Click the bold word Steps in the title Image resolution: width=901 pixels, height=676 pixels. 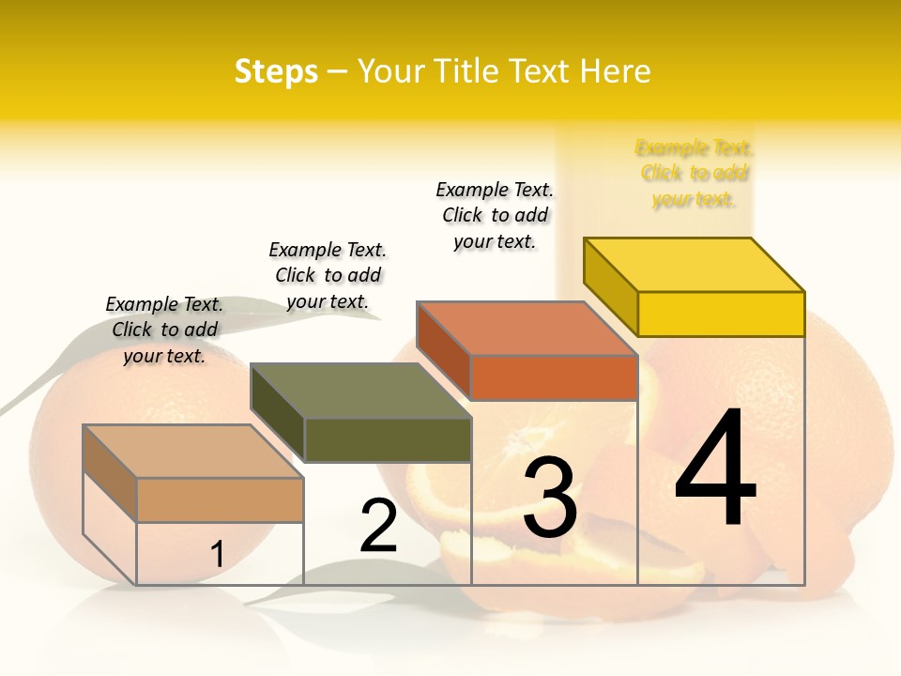coord(275,71)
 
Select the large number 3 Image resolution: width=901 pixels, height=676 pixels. coord(549,497)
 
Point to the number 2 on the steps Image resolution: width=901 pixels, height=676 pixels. coord(378,527)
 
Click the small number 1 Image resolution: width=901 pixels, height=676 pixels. coord(217,554)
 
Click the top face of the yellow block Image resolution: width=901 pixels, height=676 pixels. coord(695,264)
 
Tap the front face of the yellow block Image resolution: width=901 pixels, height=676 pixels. coord(721,314)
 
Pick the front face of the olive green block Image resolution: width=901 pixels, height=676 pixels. coord(388,439)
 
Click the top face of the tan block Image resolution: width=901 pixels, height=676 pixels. coord(193,452)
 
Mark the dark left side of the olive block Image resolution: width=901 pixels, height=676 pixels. coord(278,412)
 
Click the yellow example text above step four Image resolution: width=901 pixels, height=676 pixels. coord(695,174)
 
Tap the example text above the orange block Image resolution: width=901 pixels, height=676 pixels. coord(495,215)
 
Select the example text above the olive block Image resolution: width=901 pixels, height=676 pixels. coord(328,275)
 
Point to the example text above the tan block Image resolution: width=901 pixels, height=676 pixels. coord(164,330)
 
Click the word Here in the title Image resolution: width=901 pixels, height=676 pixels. coord(616,71)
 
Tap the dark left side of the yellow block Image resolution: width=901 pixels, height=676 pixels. coord(611,285)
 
